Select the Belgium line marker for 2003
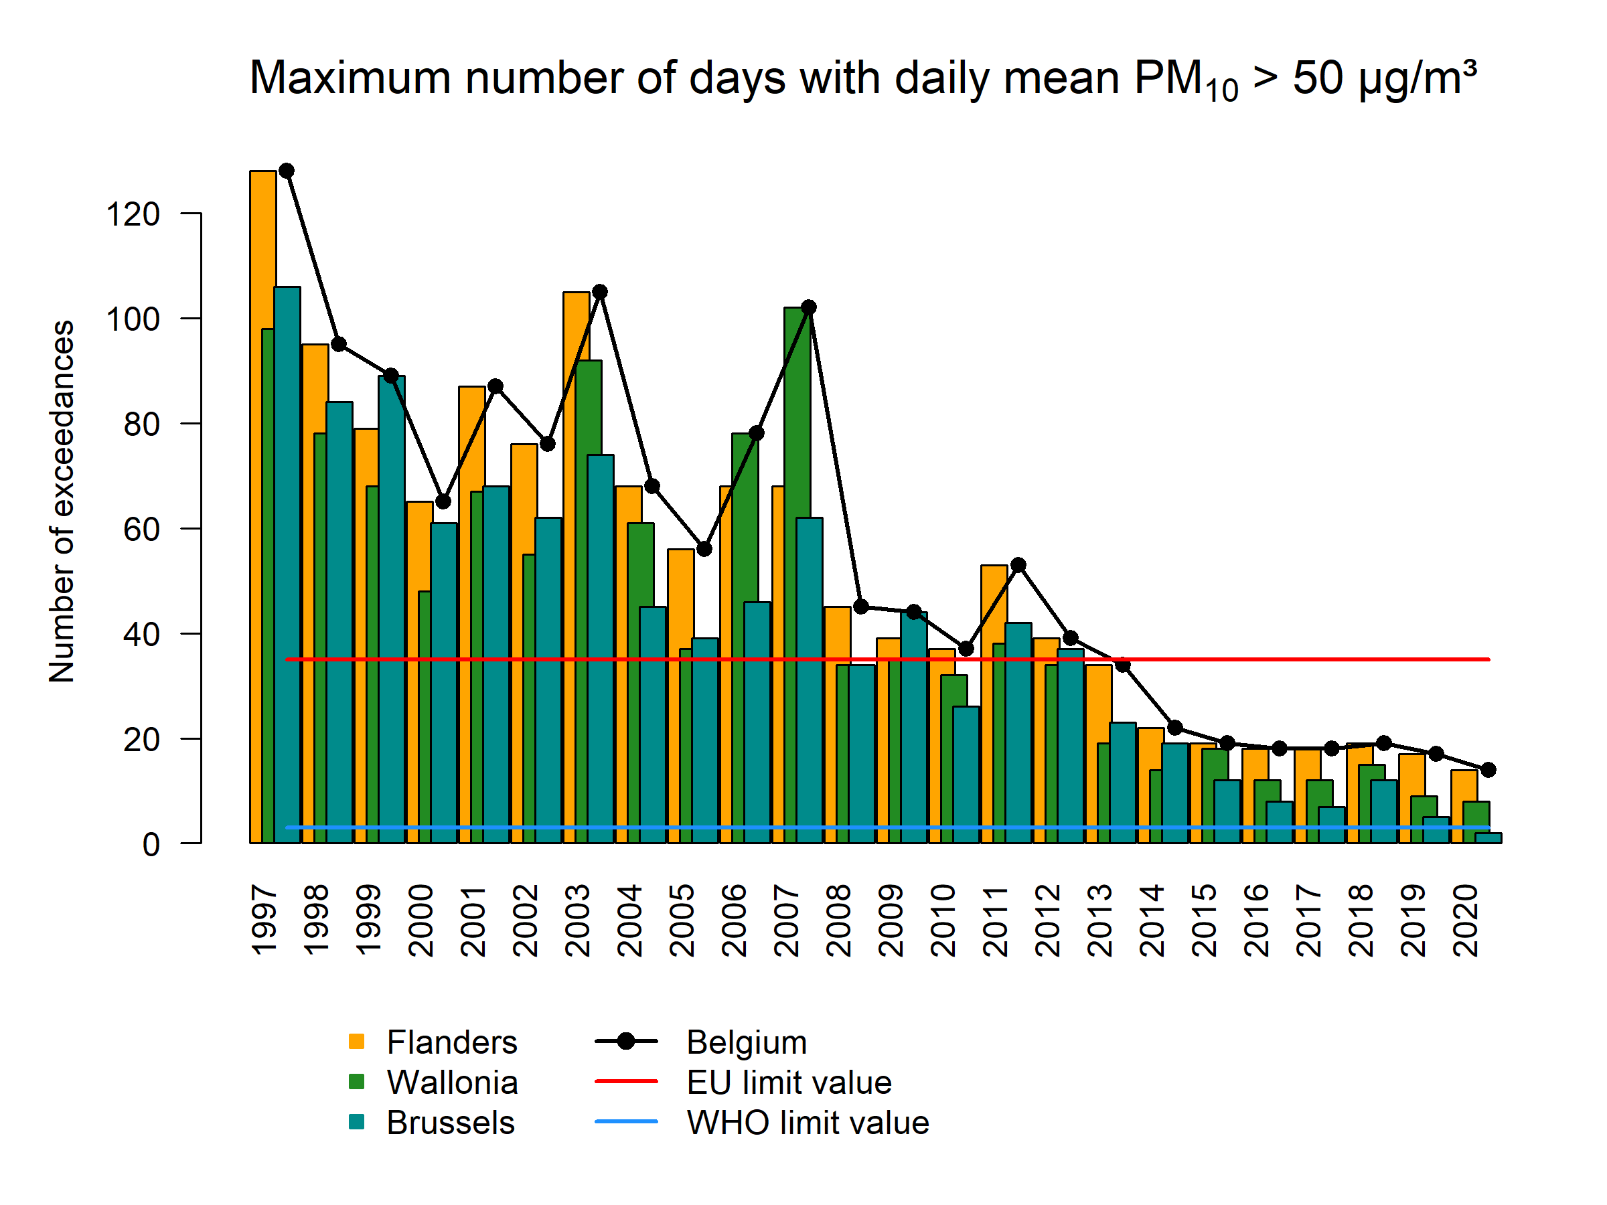coord(599,292)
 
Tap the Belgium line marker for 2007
coord(809,307)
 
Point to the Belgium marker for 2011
coord(1018,564)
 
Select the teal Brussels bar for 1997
coord(287,566)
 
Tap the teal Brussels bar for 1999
coord(392,610)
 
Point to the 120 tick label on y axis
coord(133,214)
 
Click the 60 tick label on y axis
coord(141,530)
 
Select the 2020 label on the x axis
coord(1465,920)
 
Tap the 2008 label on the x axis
coord(838,920)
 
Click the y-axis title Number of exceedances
coord(62,501)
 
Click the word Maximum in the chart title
coord(350,78)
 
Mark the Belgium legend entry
coord(746,1042)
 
